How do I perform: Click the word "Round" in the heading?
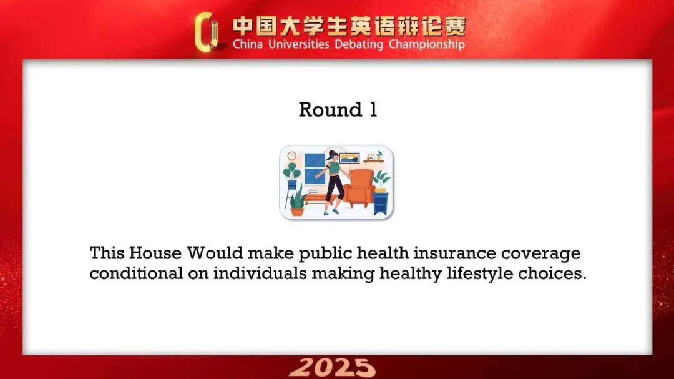tap(330, 110)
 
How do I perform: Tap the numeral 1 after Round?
tap(373, 110)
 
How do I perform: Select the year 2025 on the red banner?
tap(332, 368)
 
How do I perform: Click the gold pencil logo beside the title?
tap(207, 32)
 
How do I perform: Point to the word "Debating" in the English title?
tap(358, 45)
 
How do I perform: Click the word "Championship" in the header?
tap(426, 45)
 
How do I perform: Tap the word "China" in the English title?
tap(248, 44)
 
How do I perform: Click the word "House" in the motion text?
tap(155, 253)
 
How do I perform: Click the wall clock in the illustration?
tap(292, 155)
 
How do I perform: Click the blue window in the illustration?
tap(315, 169)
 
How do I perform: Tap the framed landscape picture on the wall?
tap(349, 159)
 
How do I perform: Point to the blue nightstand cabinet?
tap(381, 204)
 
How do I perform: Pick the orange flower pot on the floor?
tap(297, 211)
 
